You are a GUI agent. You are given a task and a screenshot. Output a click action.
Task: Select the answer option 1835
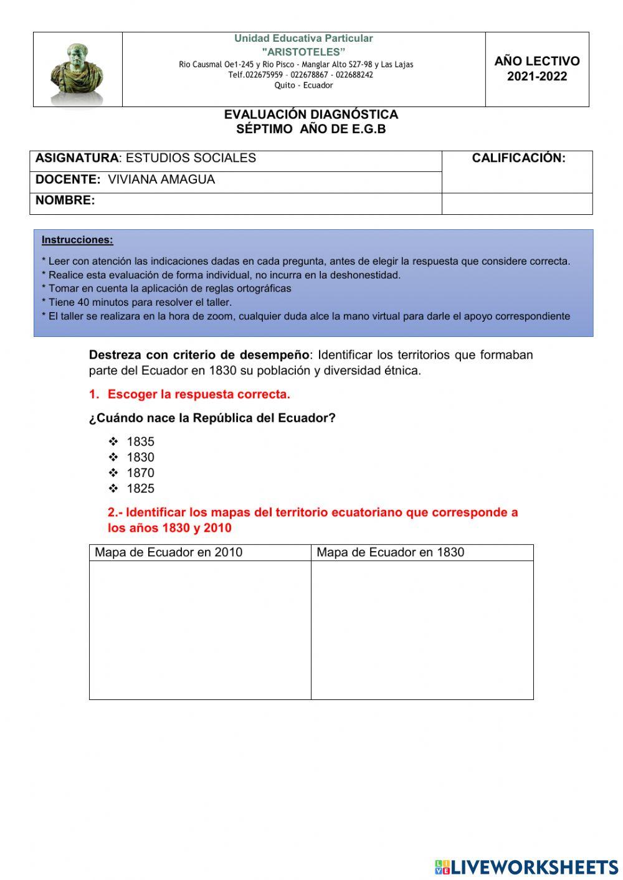(140, 442)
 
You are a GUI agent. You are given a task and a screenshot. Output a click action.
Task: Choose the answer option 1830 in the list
(140, 457)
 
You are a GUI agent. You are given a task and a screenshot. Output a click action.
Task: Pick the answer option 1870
(140, 473)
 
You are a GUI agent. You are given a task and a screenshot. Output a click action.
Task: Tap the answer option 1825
(140, 488)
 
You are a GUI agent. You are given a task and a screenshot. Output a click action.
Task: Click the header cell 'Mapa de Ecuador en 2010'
(168, 552)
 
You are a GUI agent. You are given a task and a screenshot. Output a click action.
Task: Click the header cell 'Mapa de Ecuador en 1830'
(390, 552)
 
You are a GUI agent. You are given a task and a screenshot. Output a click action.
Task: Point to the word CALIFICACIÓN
(518, 158)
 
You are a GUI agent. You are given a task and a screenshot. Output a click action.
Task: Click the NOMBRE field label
(65, 201)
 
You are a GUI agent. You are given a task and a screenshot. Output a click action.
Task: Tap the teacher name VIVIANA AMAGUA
(161, 179)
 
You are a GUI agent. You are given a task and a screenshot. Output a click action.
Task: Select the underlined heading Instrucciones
(77, 240)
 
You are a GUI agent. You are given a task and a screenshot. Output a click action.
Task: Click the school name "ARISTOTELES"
(303, 52)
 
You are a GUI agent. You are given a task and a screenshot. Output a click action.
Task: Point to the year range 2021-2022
(537, 77)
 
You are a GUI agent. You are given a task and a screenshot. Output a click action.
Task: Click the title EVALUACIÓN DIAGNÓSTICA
(311, 115)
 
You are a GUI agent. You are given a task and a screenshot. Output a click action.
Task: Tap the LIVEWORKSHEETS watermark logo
(526, 867)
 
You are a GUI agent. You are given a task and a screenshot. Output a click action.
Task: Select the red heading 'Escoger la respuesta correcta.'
(199, 394)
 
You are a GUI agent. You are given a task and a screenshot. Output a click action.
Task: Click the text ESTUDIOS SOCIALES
(191, 158)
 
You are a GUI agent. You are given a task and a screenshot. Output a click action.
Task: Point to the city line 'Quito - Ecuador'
(303, 85)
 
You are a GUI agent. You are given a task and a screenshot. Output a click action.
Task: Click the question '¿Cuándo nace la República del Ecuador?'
(212, 418)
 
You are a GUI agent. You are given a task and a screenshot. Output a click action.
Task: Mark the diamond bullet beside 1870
(113, 473)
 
